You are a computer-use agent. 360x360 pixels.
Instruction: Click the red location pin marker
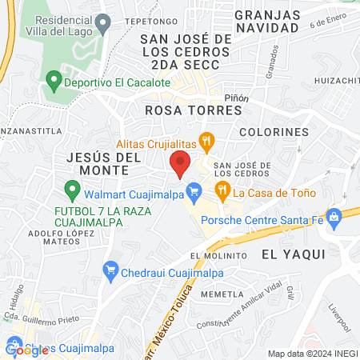click(180, 163)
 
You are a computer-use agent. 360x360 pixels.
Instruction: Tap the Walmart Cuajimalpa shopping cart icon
click(193, 190)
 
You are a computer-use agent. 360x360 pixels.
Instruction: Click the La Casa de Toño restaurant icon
click(221, 190)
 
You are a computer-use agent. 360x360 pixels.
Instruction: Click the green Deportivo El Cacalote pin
click(54, 82)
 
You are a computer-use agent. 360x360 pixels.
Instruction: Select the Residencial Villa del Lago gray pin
click(102, 25)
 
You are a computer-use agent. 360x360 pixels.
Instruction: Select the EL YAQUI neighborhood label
click(294, 254)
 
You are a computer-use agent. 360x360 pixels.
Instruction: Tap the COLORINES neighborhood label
click(273, 131)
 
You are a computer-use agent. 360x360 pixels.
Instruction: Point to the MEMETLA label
click(222, 294)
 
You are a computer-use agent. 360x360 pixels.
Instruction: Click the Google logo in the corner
click(22, 350)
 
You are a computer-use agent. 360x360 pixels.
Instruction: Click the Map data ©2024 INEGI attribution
click(312, 354)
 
